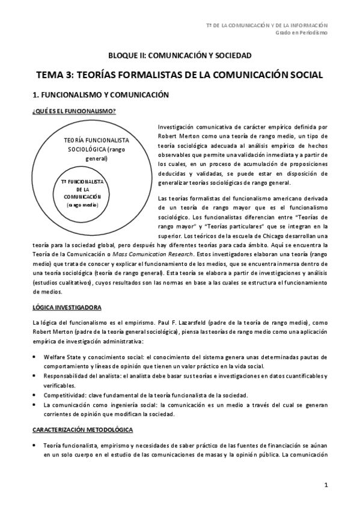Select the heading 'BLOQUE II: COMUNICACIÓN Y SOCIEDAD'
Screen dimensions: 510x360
point(180,55)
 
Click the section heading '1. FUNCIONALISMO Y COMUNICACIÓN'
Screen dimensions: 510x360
point(100,95)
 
